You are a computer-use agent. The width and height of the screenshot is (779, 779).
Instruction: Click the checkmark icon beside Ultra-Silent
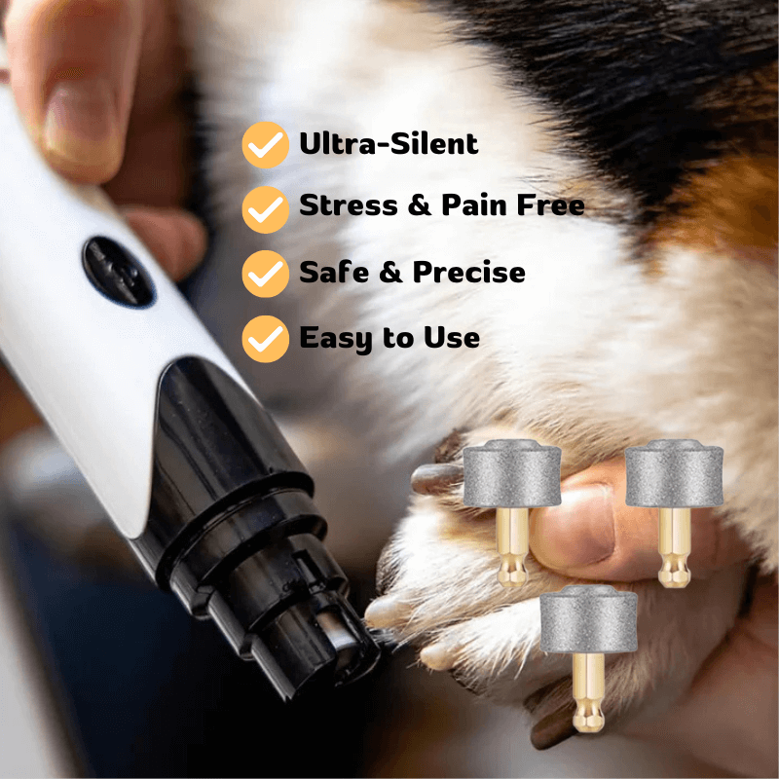coord(265,145)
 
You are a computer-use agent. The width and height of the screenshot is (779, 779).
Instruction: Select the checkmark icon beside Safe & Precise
coord(265,274)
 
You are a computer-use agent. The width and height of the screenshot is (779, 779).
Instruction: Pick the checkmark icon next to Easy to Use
coord(265,339)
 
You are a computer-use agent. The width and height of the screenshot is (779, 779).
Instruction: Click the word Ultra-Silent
coord(389,144)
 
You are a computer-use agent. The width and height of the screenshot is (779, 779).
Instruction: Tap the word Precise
coord(468,273)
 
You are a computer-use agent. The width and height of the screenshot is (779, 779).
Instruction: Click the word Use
coord(451,338)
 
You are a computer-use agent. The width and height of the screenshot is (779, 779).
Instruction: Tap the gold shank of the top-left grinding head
coord(513,545)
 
